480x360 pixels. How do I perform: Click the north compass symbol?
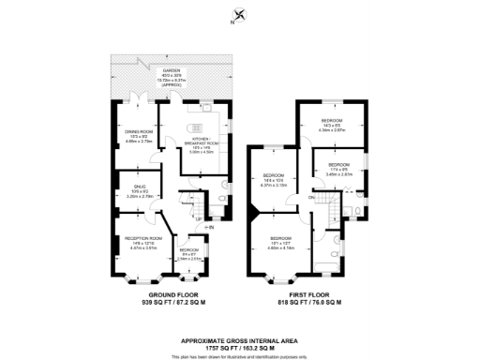(x=239, y=16)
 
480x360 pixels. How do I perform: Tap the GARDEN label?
(x=171, y=71)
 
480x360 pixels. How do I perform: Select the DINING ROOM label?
(x=132, y=132)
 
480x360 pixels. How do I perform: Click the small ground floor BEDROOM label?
(x=188, y=251)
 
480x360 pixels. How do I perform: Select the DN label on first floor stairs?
(x=311, y=198)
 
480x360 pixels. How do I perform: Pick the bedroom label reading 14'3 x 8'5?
(x=331, y=122)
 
